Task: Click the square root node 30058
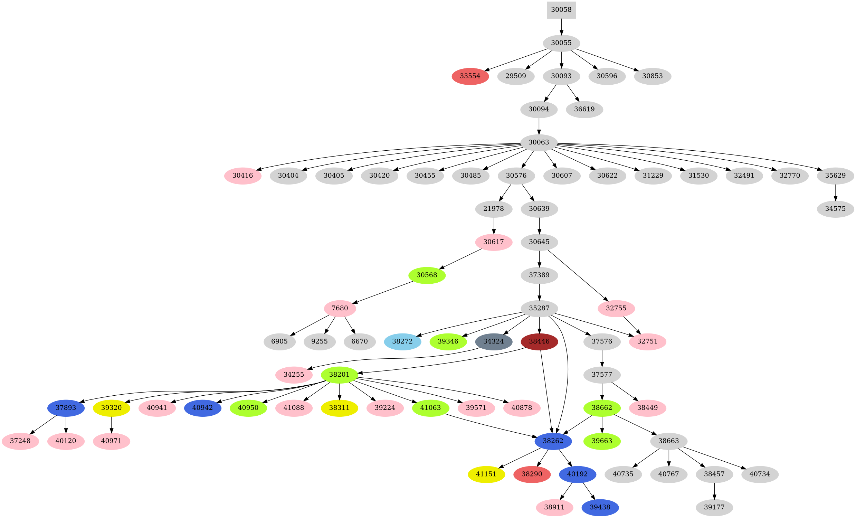(x=561, y=10)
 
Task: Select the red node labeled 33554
(x=470, y=76)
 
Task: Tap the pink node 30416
(x=242, y=176)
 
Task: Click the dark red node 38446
(x=539, y=341)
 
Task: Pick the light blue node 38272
(x=402, y=341)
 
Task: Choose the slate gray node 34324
(x=493, y=341)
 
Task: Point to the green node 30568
(x=427, y=275)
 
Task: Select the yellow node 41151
(x=486, y=474)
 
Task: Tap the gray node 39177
(x=714, y=507)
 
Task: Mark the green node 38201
(x=339, y=375)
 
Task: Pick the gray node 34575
(x=835, y=209)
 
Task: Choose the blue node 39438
(x=600, y=507)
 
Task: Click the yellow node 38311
(x=339, y=408)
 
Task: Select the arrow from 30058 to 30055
(x=561, y=27)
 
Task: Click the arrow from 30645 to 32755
(x=577, y=275)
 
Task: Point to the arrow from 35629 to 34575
(x=835, y=192)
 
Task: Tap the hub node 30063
(x=539, y=142)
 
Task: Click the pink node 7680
(x=340, y=308)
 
